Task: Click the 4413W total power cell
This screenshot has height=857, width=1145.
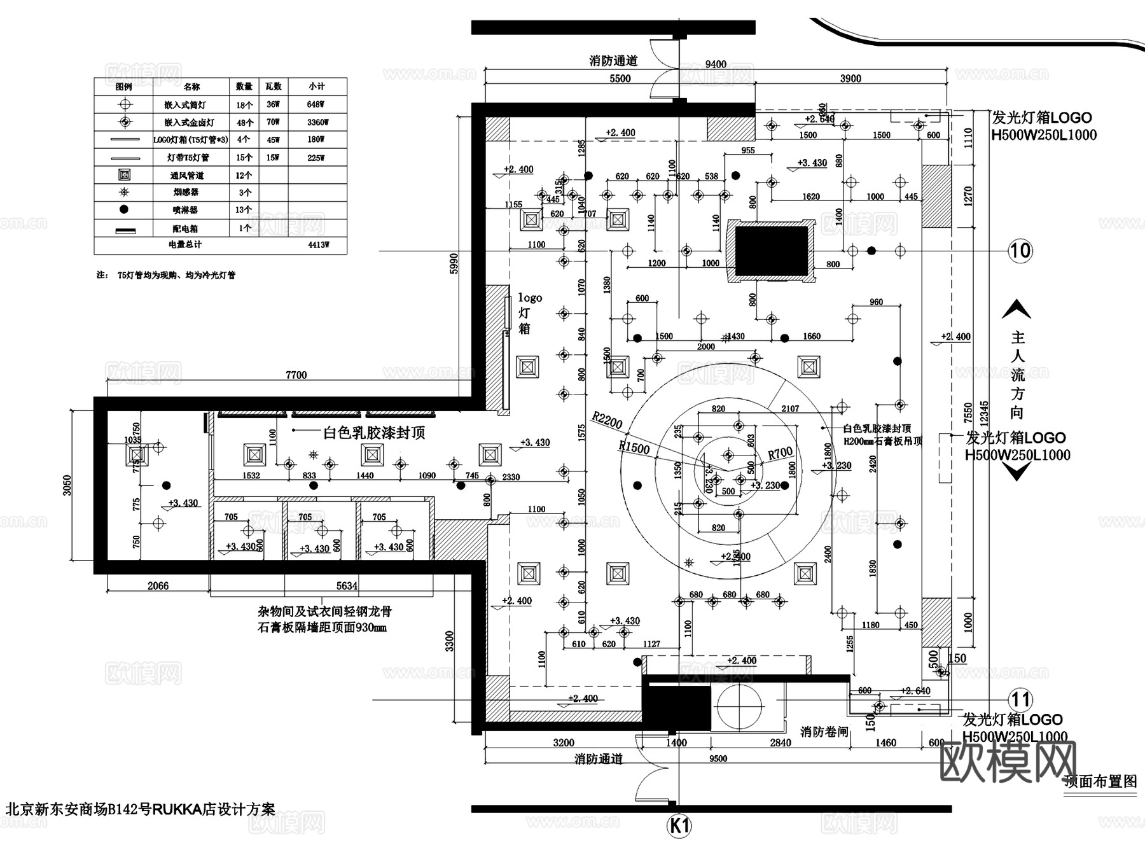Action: pos(318,244)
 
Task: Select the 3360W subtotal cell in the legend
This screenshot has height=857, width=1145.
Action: pos(316,122)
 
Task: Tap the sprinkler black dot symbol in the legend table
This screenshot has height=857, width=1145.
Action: pos(124,209)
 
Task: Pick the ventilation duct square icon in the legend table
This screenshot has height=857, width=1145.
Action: pos(124,175)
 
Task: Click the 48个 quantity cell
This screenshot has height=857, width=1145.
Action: pos(244,122)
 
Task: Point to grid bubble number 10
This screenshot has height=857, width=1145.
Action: pos(1020,251)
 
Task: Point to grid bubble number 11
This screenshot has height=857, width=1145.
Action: pos(1020,700)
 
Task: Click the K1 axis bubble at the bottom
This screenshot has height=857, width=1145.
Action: pos(679,826)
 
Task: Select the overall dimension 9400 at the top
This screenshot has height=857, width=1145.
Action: pos(716,64)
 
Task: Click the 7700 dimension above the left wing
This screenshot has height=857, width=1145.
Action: pos(296,375)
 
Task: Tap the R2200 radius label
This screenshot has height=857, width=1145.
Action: pos(607,420)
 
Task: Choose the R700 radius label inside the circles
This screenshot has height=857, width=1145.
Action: pos(780,453)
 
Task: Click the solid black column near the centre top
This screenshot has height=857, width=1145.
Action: pos(772,251)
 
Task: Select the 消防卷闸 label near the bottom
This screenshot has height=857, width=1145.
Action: pos(824,732)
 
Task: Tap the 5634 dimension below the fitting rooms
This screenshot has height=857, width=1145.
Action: pos(347,585)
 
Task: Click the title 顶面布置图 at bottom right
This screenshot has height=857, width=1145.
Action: pos(1100,781)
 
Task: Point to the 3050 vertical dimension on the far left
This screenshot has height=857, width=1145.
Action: pos(67,485)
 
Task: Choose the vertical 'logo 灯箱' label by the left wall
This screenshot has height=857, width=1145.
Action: pos(528,313)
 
